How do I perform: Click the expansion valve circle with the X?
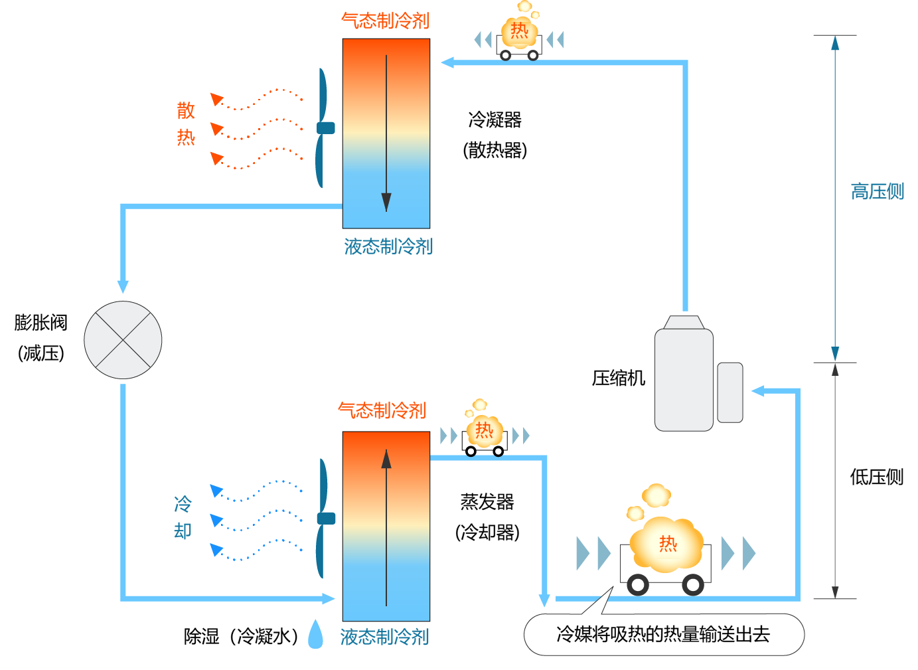coord(123,340)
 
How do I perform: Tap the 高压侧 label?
coord(878,192)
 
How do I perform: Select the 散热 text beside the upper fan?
coord(186,124)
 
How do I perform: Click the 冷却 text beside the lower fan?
coord(183,517)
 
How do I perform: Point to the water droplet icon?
coord(316,634)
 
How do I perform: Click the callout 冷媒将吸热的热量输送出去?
coord(664,635)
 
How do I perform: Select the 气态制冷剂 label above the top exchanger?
coord(386,21)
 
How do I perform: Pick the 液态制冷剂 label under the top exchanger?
coord(388,247)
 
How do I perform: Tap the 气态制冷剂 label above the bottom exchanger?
coord(382,410)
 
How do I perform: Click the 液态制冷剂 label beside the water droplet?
coord(385,637)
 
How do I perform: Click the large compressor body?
coord(684,378)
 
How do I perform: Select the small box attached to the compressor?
coord(730,392)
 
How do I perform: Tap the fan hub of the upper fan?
coord(326,127)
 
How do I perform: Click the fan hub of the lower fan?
coord(326,518)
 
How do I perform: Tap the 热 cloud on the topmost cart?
coord(519,31)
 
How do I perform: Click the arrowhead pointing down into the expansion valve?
coord(123,286)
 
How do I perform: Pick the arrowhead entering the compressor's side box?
coord(758,391)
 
